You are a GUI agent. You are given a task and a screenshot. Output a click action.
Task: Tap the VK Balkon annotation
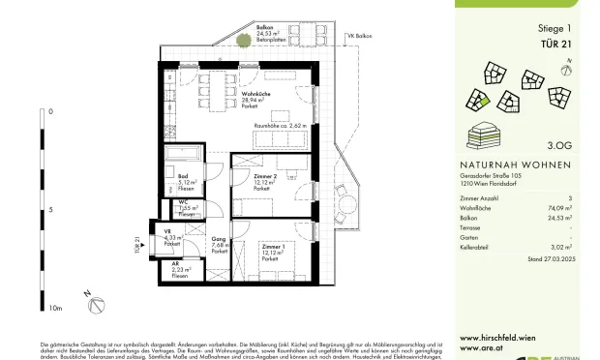(361, 35)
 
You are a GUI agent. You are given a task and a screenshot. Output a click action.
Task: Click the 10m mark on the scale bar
(55, 309)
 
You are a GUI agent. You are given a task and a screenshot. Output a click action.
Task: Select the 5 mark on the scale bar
(50, 209)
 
